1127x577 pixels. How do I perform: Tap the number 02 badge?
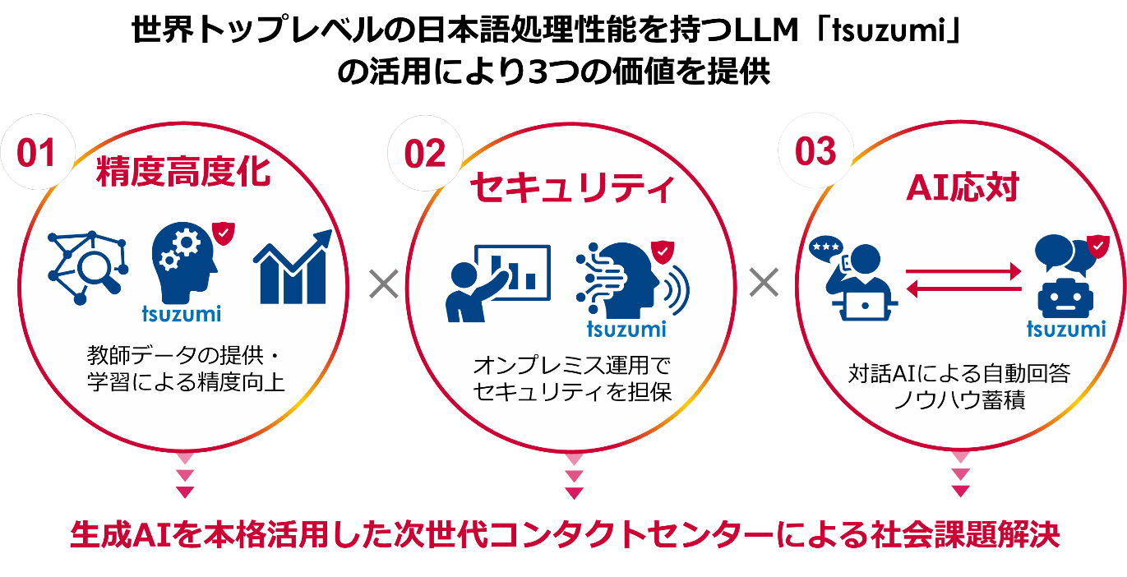click(x=425, y=154)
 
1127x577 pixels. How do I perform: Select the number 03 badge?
click(x=815, y=151)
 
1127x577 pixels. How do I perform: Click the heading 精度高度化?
click(x=183, y=172)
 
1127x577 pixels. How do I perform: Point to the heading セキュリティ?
click(x=572, y=187)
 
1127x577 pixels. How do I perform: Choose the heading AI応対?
click(x=963, y=187)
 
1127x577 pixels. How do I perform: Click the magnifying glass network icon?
click(x=87, y=268)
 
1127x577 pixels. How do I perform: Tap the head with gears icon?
click(x=185, y=261)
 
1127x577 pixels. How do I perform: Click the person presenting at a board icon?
click(x=498, y=284)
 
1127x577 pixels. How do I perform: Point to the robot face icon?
click(x=1065, y=298)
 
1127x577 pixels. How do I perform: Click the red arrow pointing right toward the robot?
click(x=963, y=272)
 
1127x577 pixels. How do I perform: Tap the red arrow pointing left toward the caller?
click(x=963, y=289)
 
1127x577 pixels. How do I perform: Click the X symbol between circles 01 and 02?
click(x=384, y=284)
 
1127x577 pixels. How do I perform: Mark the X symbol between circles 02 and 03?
click(x=764, y=282)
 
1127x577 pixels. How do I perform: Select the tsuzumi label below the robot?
click(x=1066, y=329)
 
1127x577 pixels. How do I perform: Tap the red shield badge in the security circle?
click(x=663, y=252)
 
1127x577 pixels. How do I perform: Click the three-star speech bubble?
click(x=826, y=248)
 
